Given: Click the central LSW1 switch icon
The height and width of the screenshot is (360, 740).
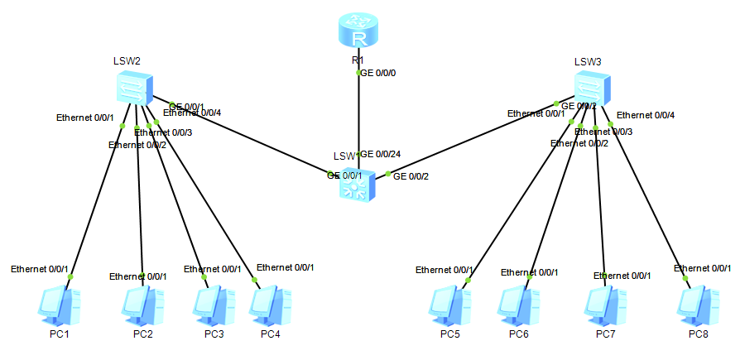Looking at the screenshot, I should click(x=357, y=186).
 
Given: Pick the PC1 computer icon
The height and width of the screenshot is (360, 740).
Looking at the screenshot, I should click(x=59, y=306).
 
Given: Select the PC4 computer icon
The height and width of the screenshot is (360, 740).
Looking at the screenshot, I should click(x=270, y=306).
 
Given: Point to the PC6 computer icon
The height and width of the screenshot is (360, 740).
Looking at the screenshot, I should click(x=518, y=306).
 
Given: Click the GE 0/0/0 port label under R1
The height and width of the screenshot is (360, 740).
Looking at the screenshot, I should click(x=378, y=74).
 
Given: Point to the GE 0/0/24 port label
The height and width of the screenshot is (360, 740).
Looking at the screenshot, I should click(x=381, y=154).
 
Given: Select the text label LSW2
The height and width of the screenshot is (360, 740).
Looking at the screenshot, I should click(x=127, y=61).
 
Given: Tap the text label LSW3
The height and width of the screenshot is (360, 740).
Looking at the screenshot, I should click(x=588, y=61).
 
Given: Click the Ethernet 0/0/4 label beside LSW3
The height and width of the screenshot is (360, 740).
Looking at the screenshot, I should click(x=646, y=115).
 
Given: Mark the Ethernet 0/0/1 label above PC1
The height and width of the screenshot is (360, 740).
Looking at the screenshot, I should click(x=39, y=269).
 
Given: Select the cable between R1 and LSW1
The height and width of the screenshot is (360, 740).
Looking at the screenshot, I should click(x=358, y=116).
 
